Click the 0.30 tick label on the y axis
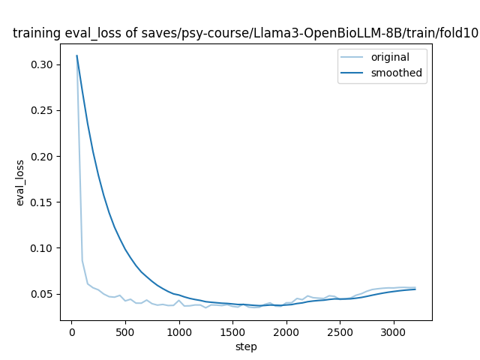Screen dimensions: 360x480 click(x=43, y=65)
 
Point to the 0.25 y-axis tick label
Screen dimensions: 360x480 click(x=43, y=111)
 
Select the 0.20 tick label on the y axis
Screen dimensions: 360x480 click(x=43, y=157)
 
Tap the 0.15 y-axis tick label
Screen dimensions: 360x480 click(x=43, y=202)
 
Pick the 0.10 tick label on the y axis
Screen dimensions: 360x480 click(x=43, y=248)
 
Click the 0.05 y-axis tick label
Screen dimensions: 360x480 click(x=43, y=294)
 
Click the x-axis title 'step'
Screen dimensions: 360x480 click(x=246, y=346)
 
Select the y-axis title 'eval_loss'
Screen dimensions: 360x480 click(x=21, y=182)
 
